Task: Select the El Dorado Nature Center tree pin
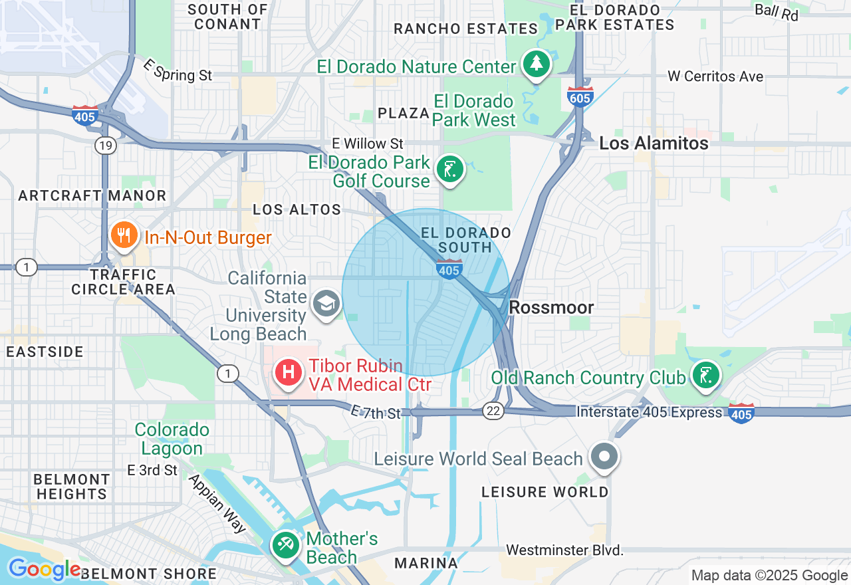tap(536, 64)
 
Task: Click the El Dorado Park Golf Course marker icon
tap(450, 170)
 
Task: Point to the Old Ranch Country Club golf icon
tap(705, 375)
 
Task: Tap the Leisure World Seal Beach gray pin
tap(604, 457)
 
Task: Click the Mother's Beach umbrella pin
tap(286, 546)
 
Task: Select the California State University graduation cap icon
tap(326, 304)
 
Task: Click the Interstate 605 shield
tap(580, 97)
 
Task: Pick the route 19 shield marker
tap(105, 146)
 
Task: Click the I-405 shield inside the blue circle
tap(450, 269)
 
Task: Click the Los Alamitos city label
tap(654, 143)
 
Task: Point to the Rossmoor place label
tap(551, 308)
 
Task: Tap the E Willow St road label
tap(368, 144)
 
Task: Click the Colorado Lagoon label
tap(172, 439)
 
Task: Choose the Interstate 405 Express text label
tap(649, 412)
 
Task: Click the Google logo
tap(44, 570)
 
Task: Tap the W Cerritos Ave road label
tap(715, 76)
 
